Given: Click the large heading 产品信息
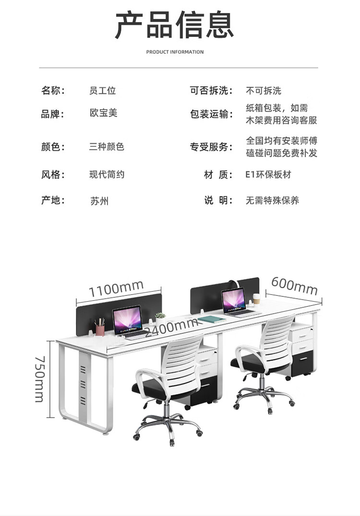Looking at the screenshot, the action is coord(174,25).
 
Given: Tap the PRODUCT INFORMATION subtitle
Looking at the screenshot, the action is coord(175,52).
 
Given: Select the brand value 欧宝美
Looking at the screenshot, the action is coord(103,113).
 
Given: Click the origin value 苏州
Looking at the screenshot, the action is coord(99,200).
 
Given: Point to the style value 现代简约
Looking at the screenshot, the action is coord(107,175).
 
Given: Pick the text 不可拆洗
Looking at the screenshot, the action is coord(264,91).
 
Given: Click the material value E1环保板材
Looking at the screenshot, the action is coord(268,175).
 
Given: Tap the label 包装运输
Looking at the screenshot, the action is coord(211,114).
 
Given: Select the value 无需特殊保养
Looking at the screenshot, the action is coord(272,200).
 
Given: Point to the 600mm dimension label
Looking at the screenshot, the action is coord(294,286).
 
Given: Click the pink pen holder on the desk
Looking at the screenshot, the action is coord(100,329).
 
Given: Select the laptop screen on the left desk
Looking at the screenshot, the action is coord(127,318).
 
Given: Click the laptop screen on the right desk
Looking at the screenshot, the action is coord(234,300).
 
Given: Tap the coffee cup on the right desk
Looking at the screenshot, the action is coord(256,299).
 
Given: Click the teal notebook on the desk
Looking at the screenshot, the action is coord(212,319).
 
